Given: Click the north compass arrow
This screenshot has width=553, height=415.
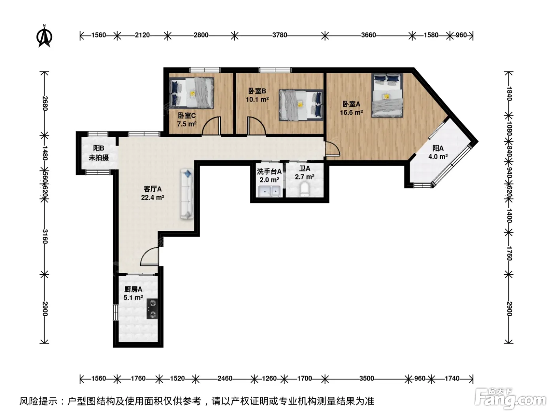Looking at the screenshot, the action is pyautogui.click(x=44, y=36).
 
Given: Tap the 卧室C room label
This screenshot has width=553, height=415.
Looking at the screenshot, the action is pyautogui.click(x=186, y=115).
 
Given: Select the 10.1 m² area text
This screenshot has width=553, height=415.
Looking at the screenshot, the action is pyautogui.click(x=257, y=99).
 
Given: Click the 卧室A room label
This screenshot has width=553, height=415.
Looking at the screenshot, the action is pyautogui.click(x=351, y=104).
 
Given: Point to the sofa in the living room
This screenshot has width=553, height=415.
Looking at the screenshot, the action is pyautogui.click(x=187, y=194).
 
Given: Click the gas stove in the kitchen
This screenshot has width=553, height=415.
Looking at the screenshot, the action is pyautogui.click(x=152, y=309).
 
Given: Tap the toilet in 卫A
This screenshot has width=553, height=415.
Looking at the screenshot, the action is pyautogui.click(x=305, y=189).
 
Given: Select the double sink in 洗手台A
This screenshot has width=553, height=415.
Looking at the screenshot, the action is pyautogui.click(x=269, y=192).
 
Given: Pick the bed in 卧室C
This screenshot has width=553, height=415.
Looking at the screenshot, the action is pyautogui.click(x=192, y=93).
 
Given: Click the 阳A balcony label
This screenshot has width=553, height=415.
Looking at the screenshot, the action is pyautogui.click(x=438, y=148).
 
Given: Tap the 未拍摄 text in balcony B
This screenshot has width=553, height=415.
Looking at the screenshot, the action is pyautogui.click(x=99, y=158).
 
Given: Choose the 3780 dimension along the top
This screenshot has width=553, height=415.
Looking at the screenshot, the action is pyautogui.click(x=279, y=35).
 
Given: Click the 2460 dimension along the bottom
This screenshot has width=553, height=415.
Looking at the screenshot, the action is pyautogui.click(x=225, y=379).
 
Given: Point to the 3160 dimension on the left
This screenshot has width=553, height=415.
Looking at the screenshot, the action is pyautogui.click(x=45, y=236).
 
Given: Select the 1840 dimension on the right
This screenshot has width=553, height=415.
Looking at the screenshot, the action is pyautogui.click(x=509, y=94).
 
